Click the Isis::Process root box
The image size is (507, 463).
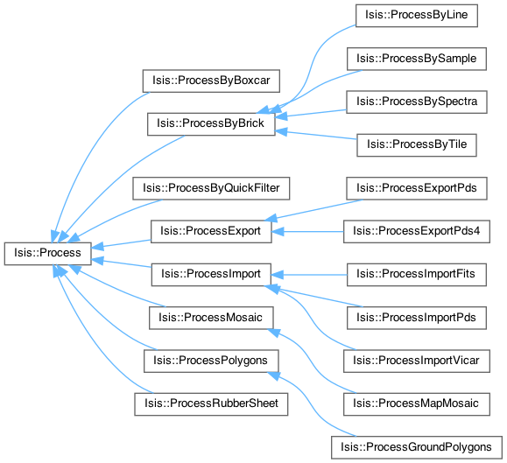click(x=48, y=254)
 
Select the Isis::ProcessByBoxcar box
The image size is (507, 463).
click(x=211, y=81)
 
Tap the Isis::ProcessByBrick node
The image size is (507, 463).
click(x=211, y=123)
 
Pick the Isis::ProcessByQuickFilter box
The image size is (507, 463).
click(x=211, y=188)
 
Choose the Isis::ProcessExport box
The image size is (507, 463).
click(x=211, y=231)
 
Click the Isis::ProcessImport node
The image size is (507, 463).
click(x=211, y=275)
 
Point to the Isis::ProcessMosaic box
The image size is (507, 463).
click(x=211, y=318)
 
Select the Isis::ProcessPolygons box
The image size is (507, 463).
click(x=211, y=361)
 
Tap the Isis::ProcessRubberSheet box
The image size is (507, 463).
click(x=211, y=404)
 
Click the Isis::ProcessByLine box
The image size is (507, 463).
click(x=417, y=16)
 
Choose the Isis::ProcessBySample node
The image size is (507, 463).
click(x=417, y=59)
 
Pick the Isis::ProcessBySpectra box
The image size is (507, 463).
click(x=417, y=102)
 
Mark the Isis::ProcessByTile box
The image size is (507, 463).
click(x=417, y=145)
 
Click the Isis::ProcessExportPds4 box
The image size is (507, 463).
click(x=417, y=231)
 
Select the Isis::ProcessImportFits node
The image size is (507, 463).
click(x=417, y=275)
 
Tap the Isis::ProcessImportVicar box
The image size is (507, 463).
click(x=417, y=361)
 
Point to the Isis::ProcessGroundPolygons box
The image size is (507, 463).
click(x=417, y=447)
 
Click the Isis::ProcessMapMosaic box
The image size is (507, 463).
click(x=417, y=404)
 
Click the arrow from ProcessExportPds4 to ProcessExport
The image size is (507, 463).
click(x=307, y=232)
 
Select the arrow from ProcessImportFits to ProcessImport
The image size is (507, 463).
click(x=309, y=275)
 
